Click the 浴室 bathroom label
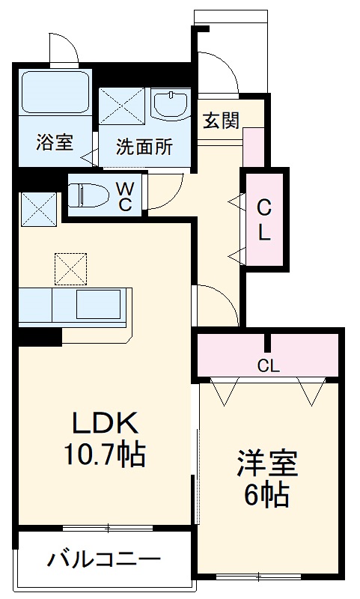(55, 142)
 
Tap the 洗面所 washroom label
(144, 147)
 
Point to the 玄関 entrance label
(220, 119)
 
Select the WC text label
(125, 194)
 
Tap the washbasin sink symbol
(172, 104)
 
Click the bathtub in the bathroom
(55, 94)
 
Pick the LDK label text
(105, 425)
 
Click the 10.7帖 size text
(104, 454)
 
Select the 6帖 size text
(266, 495)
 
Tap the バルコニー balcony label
(104, 559)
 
